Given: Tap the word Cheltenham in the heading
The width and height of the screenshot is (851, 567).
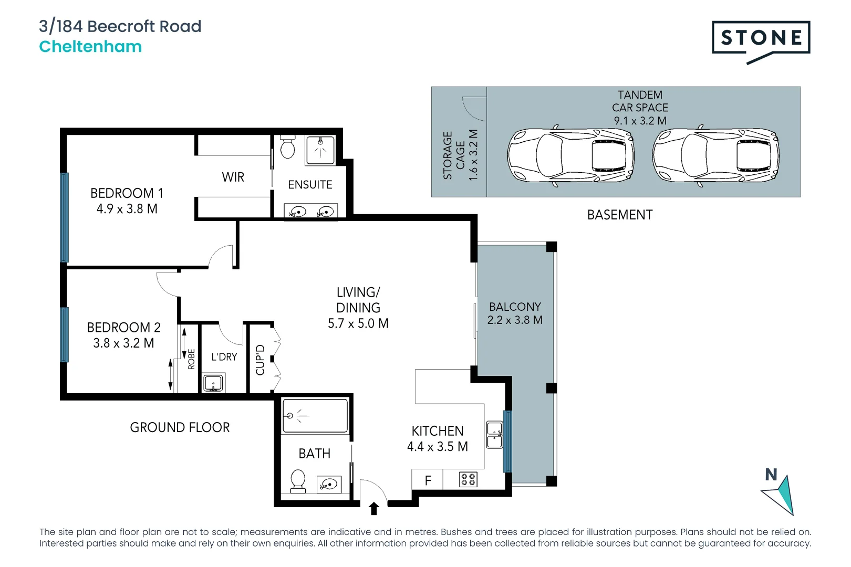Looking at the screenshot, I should tap(90, 47).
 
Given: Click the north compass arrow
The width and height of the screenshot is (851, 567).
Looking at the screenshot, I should tap(779, 493).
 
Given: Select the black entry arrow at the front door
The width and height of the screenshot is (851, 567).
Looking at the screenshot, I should tap(374, 508).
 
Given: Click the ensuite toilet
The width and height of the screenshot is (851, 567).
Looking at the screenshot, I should tap(287, 148).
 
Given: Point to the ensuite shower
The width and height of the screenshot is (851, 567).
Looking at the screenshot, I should tap(320, 150).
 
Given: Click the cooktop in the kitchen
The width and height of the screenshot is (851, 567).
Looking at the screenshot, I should tap(468, 479).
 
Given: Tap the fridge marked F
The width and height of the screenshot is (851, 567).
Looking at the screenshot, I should tap(428, 480).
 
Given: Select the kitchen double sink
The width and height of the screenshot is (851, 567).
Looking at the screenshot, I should tap(494, 435).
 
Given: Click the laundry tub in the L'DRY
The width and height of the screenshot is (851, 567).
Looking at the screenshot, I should tap(213, 383).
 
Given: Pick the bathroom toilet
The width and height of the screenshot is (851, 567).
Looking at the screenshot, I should tap(298, 480).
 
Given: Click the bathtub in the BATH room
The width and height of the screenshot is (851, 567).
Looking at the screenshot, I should tap(315, 416).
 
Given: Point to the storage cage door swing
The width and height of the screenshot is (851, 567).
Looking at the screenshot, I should tap(473, 108).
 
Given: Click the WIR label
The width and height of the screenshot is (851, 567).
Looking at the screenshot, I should tap(233, 177).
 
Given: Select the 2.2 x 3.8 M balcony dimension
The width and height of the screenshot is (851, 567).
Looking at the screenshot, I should tap(515, 320).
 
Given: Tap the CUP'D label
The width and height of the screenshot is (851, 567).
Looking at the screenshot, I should tap(260, 360).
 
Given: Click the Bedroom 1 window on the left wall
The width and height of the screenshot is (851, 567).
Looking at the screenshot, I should tap(65, 217).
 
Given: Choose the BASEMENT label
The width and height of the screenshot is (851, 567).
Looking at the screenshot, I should tap(619, 215).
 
